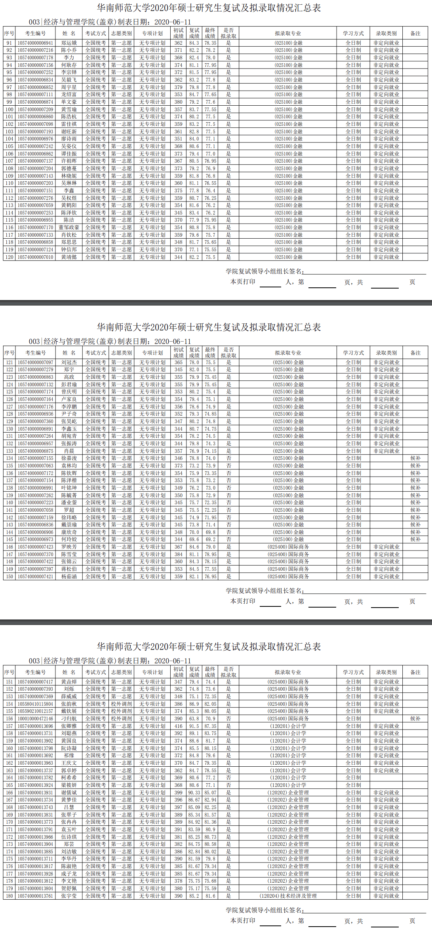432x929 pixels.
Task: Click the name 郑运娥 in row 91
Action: [69, 43]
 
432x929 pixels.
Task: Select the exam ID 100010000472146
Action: [35, 719]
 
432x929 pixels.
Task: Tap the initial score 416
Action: [179, 726]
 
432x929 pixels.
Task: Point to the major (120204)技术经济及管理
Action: [288, 896]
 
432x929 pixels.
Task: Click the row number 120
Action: [9, 257]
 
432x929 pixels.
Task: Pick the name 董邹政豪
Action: [69, 228]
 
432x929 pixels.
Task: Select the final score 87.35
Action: [210, 726]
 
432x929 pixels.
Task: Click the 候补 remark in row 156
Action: [415, 719]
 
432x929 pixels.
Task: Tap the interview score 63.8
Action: [194, 719]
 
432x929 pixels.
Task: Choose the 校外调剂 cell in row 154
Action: [122, 704]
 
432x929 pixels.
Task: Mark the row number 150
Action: [9, 577]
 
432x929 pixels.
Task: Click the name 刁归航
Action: [69, 719]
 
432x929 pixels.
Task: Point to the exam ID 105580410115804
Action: [35, 704]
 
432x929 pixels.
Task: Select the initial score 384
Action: [179, 555]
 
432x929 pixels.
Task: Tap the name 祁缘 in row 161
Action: [69, 756]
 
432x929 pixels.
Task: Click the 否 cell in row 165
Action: [228, 785]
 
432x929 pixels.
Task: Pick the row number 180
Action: [9, 896]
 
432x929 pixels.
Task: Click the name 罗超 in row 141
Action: [69, 510]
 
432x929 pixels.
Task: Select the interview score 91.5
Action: [194, 726]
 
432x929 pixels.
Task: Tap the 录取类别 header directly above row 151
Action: [386, 673]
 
